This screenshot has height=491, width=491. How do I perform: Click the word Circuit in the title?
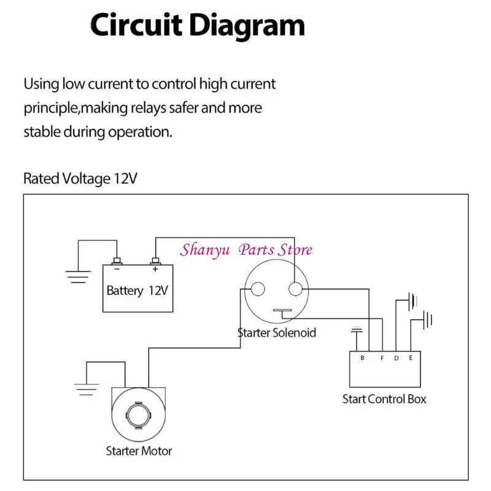point(136,25)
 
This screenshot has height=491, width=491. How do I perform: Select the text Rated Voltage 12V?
point(80,179)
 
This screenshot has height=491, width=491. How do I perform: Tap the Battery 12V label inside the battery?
point(137,290)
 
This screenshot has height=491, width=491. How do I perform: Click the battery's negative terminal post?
point(117,261)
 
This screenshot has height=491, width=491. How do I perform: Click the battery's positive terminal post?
point(156,261)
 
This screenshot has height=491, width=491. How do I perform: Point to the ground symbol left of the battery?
point(79,277)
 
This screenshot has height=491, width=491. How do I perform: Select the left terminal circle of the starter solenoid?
point(258,288)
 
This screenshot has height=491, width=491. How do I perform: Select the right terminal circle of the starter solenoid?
point(295,288)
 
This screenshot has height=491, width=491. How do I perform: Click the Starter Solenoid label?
point(277,333)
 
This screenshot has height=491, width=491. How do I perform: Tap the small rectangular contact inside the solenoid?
point(282,311)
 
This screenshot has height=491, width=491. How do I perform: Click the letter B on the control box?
point(362,358)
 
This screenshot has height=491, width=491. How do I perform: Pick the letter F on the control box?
point(382,358)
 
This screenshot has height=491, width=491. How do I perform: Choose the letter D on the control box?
point(396,358)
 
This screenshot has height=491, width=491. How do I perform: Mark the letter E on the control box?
point(411,358)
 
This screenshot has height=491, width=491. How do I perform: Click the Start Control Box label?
point(384,399)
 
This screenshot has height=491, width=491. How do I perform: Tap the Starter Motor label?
point(139,451)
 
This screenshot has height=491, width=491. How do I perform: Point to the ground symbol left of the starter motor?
point(87,389)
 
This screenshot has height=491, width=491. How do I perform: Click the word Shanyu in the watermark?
point(205,250)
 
